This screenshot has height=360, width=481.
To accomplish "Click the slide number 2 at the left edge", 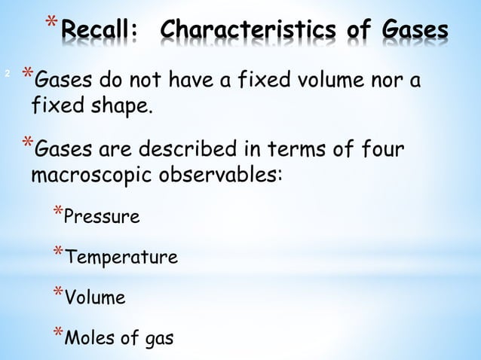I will [7, 74].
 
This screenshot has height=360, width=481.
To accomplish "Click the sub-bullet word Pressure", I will [102, 218].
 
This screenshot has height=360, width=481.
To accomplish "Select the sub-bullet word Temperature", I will [121, 258].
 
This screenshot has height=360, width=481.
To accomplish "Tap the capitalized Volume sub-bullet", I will [95, 298].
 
